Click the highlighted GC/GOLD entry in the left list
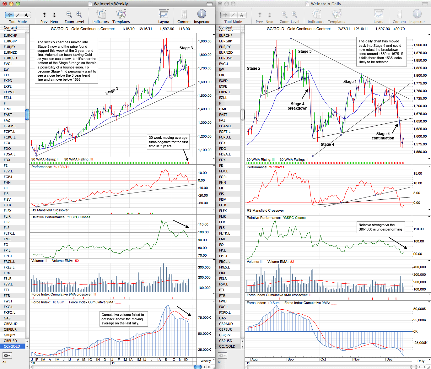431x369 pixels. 12,346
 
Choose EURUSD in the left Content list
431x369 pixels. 10,58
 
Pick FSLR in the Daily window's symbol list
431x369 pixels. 223,279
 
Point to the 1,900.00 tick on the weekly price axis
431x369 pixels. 205,41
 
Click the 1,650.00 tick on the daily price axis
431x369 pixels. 420,121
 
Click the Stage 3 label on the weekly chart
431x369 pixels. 186,48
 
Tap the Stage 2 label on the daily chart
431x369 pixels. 254,68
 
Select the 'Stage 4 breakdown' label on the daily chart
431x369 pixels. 298,106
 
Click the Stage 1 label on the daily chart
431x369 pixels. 350,82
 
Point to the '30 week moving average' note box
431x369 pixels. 168,142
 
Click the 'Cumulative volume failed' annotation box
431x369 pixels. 124,319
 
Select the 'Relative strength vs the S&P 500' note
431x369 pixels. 380,227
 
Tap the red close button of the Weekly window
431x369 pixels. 5,3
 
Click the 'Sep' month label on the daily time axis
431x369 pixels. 290,359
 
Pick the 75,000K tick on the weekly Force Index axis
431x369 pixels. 205,317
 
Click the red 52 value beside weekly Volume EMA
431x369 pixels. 77,261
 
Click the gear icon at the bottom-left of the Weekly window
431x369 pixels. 7,355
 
